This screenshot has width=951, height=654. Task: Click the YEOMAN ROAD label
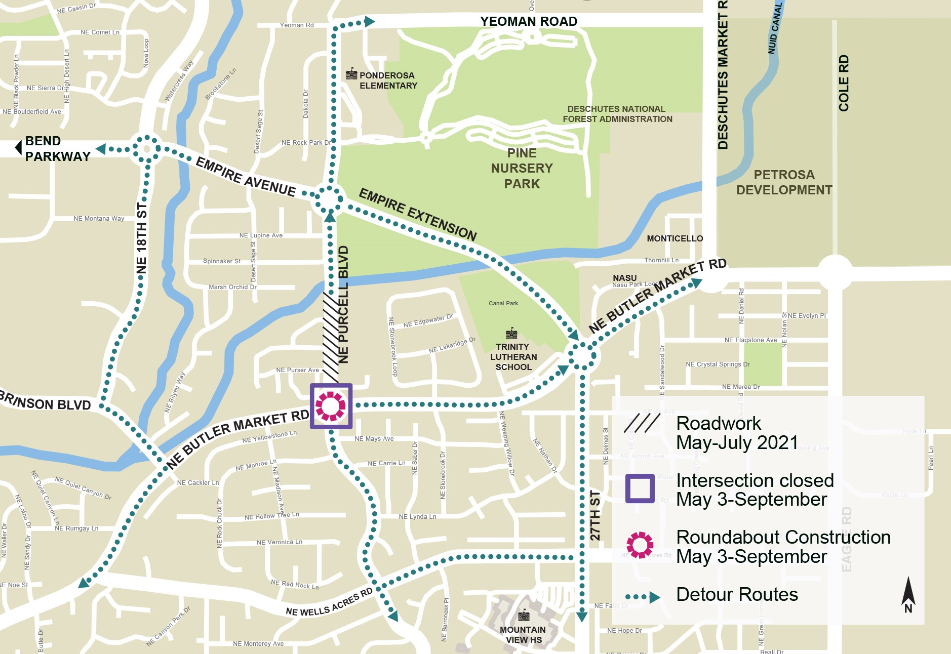point(528,22)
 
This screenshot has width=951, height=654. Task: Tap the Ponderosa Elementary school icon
point(351,74)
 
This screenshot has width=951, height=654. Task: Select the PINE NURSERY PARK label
point(522,169)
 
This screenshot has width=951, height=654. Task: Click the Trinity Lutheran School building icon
point(511,334)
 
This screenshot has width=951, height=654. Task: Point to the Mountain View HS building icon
point(524,616)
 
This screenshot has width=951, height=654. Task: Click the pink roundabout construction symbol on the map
point(331,406)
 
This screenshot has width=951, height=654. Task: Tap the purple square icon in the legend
point(640,488)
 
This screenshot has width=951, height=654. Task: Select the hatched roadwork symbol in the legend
point(641,424)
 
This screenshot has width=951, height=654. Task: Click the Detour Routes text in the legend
point(737,594)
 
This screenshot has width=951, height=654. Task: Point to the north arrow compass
point(908,594)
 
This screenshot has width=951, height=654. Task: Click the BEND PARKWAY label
point(57,148)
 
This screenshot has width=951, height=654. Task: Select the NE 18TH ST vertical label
point(142,238)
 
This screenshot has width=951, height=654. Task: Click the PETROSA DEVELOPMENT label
point(784,182)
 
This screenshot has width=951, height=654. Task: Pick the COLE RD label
point(844,83)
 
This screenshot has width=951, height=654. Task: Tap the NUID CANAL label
point(775,28)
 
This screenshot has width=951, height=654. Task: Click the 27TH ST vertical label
point(596,515)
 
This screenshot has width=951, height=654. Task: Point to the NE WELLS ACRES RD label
point(329,603)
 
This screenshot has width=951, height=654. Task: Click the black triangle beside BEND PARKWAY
point(18,148)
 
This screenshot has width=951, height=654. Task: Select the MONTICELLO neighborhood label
point(675,238)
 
